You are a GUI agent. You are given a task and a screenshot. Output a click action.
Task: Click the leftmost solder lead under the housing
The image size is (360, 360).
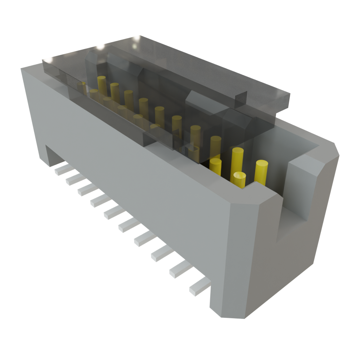pyautogui.click(x=60, y=171)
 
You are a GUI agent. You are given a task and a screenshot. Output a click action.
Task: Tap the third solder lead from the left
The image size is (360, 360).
pyautogui.click(x=85, y=190)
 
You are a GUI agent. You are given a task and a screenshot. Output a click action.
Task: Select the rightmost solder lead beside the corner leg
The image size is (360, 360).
pyautogui.click(x=199, y=288)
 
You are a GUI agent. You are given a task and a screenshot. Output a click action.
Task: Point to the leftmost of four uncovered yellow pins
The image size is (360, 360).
pyautogui.click(x=215, y=167)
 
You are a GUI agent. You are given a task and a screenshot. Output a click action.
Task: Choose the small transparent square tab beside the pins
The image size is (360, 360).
pyautogui.click(x=193, y=153)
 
